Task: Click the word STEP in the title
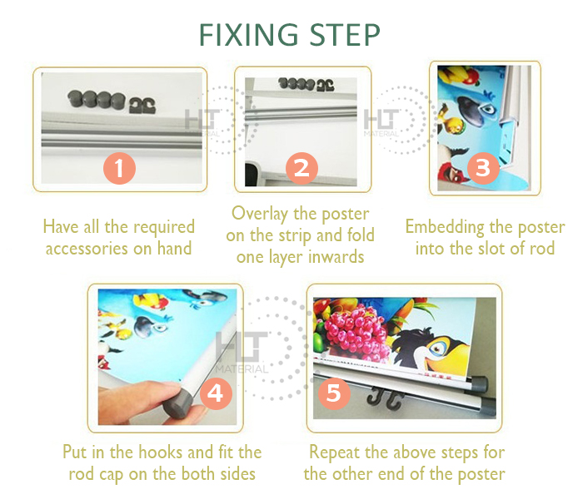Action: click(345, 35)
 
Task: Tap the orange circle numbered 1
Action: click(119, 168)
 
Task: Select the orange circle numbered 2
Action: click(301, 168)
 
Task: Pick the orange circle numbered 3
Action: click(483, 168)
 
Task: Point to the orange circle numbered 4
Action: click(216, 393)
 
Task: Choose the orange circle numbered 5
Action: click(334, 393)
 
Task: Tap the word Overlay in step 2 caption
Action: click(260, 215)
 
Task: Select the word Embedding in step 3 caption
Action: click(444, 227)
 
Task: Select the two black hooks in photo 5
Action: click(385, 398)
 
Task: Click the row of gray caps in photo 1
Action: click(97, 99)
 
